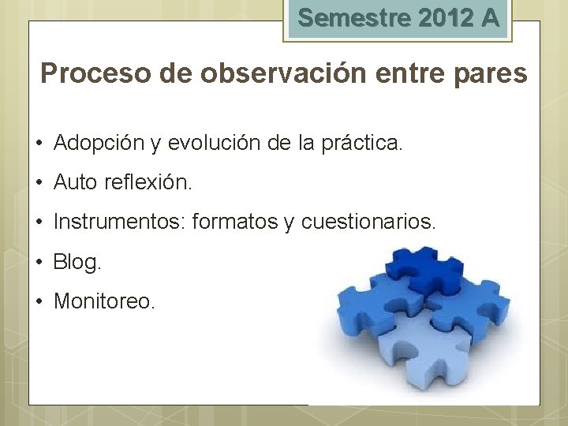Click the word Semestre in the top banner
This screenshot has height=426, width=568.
click(344, 18)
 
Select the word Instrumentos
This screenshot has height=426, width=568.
click(119, 222)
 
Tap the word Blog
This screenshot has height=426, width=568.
click(77, 262)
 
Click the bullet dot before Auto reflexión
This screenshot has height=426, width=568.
click(38, 183)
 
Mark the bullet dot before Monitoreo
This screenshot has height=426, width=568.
click(38, 301)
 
